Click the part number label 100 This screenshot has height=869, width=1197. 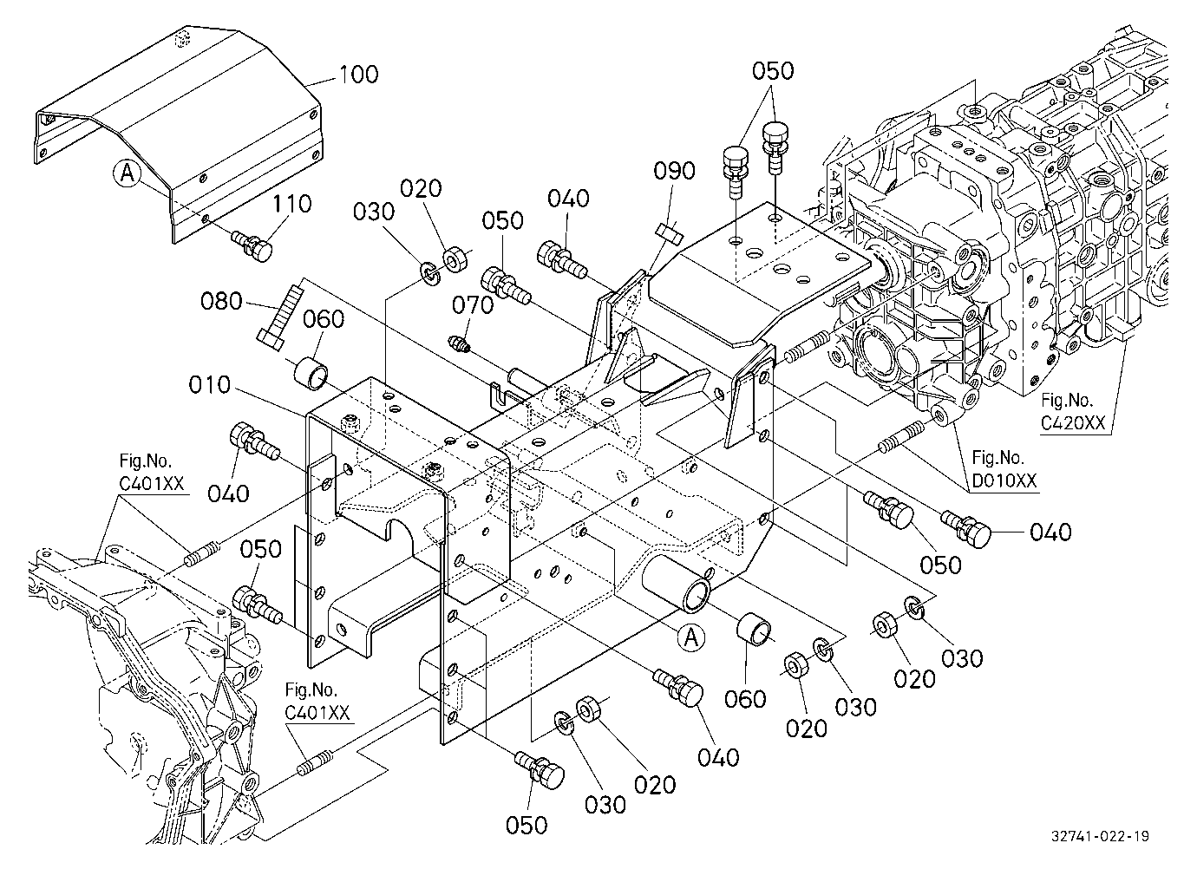click(358, 75)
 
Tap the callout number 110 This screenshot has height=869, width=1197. click(292, 204)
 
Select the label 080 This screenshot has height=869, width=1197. click(222, 302)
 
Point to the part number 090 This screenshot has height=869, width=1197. click(674, 171)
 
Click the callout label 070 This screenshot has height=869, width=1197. click(473, 305)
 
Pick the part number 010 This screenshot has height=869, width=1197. click(210, 385)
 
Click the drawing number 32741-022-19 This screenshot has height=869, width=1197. click(1100, 836)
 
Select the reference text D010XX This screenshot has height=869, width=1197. click(1004, 481)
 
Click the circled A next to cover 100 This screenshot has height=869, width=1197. click(128, 173)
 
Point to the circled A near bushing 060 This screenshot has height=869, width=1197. click(691, 637)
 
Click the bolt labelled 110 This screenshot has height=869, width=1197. click(252, 245)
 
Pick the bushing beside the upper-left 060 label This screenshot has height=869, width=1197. click(311, 374)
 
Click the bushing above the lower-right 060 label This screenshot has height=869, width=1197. click(755, 629)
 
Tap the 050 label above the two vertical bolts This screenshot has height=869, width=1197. click(773, 71)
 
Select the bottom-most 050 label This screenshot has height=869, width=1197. click(527, 826)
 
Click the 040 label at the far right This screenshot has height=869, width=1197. click(1050, 533)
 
